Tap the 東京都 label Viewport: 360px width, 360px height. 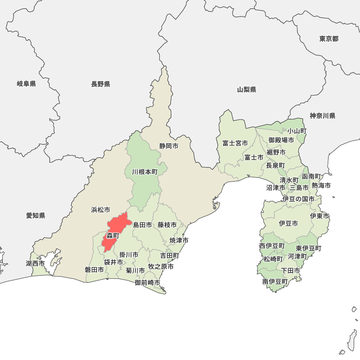coord(329,39)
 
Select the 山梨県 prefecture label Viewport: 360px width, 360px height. coord(247,90)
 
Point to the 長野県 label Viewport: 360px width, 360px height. coord(100,84)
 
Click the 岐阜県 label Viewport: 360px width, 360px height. coord(26,84)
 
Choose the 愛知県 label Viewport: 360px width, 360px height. coord(36,216)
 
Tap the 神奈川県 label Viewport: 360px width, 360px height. coord(323,116)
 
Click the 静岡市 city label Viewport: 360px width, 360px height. coord(169,146)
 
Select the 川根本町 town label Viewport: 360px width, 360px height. coord(145,172)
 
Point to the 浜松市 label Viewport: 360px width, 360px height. coord(100,210)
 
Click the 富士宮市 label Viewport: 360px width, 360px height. coord(235,143)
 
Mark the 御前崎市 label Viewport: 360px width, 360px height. coord(148,283)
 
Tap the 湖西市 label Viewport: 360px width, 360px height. coord(35,264)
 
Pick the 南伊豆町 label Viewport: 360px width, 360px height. coord(275,282)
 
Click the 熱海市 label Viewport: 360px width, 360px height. coord(321,185)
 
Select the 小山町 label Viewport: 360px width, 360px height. coord(297,131)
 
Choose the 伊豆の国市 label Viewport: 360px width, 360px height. coord(298,199)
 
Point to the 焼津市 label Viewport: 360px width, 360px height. coord(179,240)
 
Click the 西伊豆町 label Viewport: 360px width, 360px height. coord(272,246)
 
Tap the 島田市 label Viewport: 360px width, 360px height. coord(143,225)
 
